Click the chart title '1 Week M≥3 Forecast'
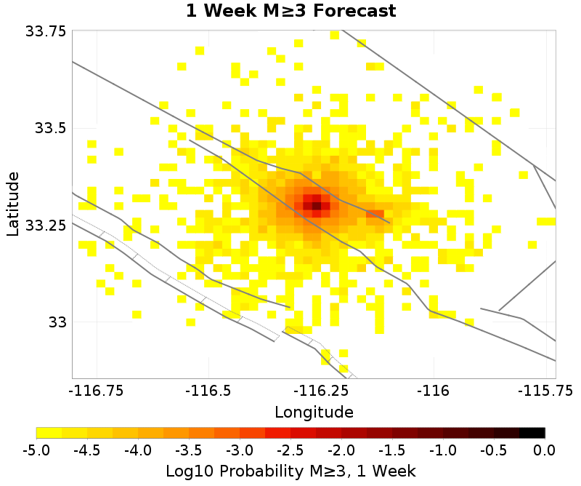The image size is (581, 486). tap(290, 12)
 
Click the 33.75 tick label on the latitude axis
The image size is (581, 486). tap(46, 31)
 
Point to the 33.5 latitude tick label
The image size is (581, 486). tap(50, 128)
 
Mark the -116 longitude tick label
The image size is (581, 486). tap(434, 391)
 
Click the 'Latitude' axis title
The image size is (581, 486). tap(12, 204)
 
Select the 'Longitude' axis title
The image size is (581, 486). tap(314, 412)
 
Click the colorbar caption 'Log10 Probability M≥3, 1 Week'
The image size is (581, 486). tap(290, 471)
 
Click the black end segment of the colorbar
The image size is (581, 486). tap(532, 432)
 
